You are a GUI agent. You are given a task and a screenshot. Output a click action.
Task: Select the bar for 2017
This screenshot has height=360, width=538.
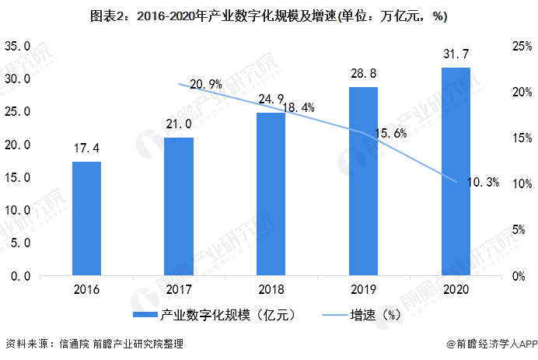pos(179,207)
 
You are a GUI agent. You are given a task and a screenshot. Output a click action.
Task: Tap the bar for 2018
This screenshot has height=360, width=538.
pos(271,194)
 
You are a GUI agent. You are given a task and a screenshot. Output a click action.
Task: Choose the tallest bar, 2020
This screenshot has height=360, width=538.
pos(456,172)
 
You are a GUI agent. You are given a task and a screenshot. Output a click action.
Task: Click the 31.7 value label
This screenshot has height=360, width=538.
pos(456,54)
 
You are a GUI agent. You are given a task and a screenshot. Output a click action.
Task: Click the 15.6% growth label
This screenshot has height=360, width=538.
pos(390,133)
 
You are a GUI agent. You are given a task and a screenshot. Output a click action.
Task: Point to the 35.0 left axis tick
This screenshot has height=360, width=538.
pos(17,47)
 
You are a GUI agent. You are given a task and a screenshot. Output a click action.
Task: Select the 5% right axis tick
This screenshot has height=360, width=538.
pos(515,230)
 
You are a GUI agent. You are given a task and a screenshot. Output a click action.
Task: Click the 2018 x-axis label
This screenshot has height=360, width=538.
pos(271,291)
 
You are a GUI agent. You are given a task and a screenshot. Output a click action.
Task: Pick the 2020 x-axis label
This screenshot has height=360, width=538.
pos(456,291)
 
